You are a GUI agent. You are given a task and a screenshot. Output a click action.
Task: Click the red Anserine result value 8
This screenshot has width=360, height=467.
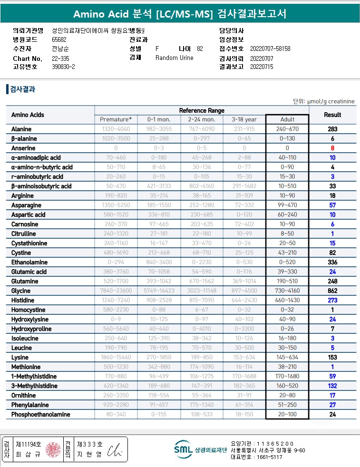pos(332,148)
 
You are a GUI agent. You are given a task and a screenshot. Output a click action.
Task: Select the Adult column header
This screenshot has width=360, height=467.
pos(287,119)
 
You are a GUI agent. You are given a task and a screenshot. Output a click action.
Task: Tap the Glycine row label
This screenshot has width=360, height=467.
pos(21,291)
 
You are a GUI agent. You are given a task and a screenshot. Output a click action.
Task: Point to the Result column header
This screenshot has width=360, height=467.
pos(332,115)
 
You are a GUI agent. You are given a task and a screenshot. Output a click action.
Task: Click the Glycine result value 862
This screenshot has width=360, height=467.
pos(332,291)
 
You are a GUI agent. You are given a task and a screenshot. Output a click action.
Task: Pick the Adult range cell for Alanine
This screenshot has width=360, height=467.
pos(287,129)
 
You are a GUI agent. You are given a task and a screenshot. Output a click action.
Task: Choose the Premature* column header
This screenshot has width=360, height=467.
pos(116,119)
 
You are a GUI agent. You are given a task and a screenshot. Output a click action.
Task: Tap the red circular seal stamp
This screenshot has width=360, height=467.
pos(53,449)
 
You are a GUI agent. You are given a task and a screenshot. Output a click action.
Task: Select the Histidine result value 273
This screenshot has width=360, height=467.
pos(332,300)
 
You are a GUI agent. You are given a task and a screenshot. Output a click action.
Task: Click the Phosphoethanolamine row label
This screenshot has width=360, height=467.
pos(41,414)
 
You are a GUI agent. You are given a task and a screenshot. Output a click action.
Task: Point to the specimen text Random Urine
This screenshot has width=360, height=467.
pos(174,58)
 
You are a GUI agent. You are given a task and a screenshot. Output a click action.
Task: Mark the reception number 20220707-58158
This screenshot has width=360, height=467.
pos(270,49)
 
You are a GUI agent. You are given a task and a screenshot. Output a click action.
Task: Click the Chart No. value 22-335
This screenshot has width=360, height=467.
pos(60,58)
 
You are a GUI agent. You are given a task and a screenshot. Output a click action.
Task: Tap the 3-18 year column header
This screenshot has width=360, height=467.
pos(244,119)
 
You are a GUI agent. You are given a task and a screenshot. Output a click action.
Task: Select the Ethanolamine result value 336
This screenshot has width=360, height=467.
pos(332,262)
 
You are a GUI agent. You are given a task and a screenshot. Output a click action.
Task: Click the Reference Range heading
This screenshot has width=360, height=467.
pos(202,110)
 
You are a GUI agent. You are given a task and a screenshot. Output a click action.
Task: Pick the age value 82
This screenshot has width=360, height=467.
pos(200,49)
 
